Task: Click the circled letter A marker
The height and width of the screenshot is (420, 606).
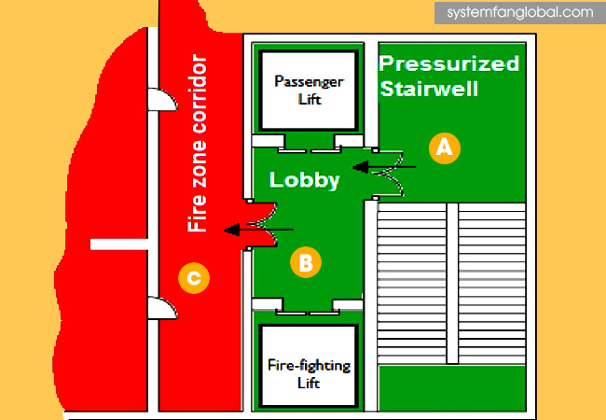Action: click(445, 147)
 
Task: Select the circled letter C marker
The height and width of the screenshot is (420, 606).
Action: click(194, 276)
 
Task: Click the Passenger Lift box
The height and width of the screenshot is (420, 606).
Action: click(308, 90)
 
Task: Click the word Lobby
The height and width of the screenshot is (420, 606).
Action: click(304, 180)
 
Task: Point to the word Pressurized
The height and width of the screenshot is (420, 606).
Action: click(449, 64)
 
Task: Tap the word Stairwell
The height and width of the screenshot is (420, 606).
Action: click(429, 90)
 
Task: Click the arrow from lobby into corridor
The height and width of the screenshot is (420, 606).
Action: click(260, 229)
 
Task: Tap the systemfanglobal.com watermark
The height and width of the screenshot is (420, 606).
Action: click(519, 13)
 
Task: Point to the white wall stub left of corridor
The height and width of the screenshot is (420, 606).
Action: click(120, 245)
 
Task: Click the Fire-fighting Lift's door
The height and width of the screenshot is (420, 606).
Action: click(308, 304)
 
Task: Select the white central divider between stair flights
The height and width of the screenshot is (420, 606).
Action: click(452, 284)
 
